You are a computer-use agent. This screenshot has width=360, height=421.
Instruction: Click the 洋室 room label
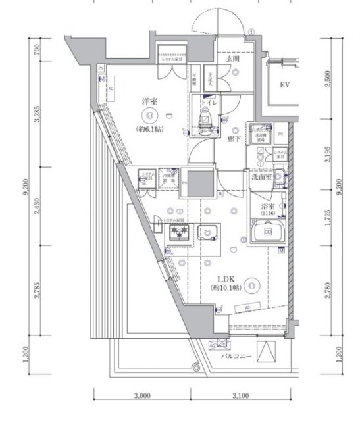(151, 103)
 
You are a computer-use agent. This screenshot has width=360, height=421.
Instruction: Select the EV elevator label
(285, 86)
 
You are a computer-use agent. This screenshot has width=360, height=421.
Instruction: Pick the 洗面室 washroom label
(262, 176)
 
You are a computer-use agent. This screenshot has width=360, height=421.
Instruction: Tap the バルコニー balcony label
(234, 355)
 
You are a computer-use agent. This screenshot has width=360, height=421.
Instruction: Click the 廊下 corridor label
(233, 139)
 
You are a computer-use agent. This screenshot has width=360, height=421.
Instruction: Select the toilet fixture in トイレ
(204, 119)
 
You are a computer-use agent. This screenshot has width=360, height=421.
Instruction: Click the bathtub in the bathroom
(267, 232)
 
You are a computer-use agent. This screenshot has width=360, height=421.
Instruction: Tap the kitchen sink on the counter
(209, 233)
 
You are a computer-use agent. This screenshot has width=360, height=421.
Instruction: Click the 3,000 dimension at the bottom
(143, 396)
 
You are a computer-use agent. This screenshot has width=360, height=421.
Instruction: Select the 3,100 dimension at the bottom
(240, 396)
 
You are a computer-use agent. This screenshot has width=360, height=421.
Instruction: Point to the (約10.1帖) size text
(226, 288)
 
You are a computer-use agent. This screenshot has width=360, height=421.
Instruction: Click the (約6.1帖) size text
(151, 128)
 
